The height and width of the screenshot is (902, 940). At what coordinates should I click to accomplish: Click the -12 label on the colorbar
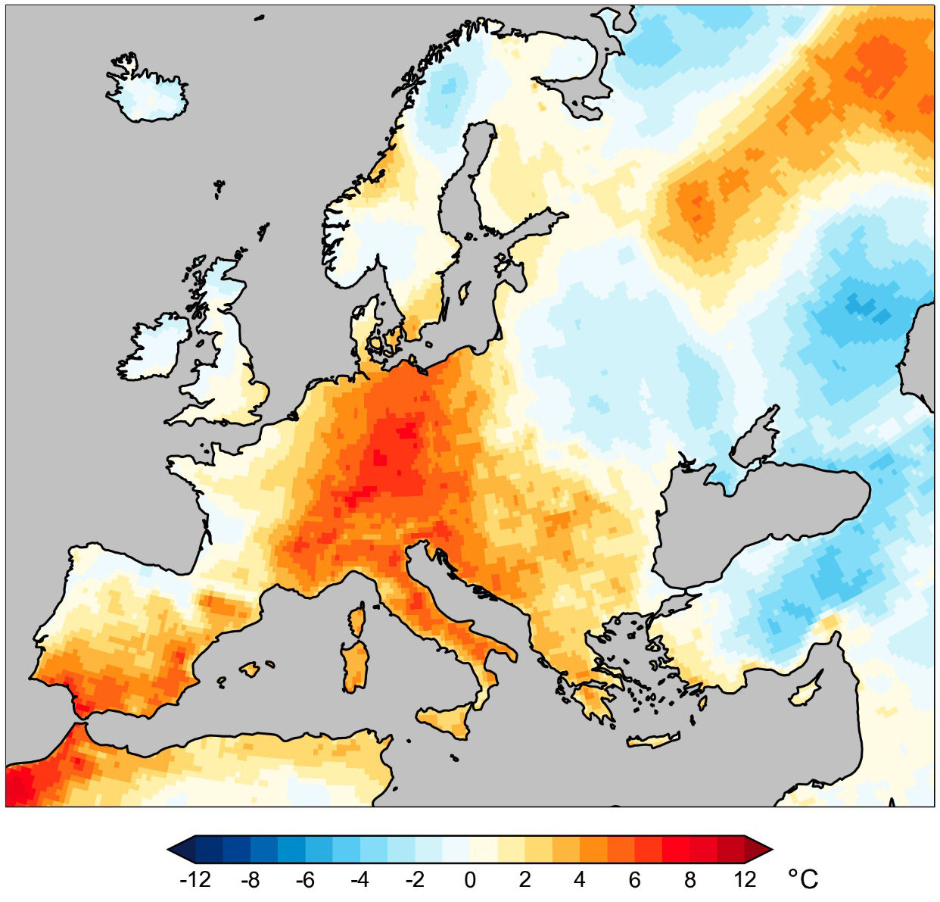point(195,880)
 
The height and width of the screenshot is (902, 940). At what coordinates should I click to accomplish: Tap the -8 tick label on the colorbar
point(250,880)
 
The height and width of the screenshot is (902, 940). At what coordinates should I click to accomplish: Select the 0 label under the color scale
point(470,880)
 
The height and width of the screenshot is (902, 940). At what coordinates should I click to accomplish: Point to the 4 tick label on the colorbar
point(580,880)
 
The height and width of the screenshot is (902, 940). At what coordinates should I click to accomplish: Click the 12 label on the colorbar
point(745,880)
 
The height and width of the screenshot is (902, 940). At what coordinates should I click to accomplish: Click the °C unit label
point(803,879)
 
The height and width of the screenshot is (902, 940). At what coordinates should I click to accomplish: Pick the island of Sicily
point(447,719)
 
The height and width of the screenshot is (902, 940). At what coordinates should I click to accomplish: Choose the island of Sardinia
point(355,666)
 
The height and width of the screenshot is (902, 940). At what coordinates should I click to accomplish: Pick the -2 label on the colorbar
point(414,880)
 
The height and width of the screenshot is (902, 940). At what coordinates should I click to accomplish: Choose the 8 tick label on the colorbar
point(689,880)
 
